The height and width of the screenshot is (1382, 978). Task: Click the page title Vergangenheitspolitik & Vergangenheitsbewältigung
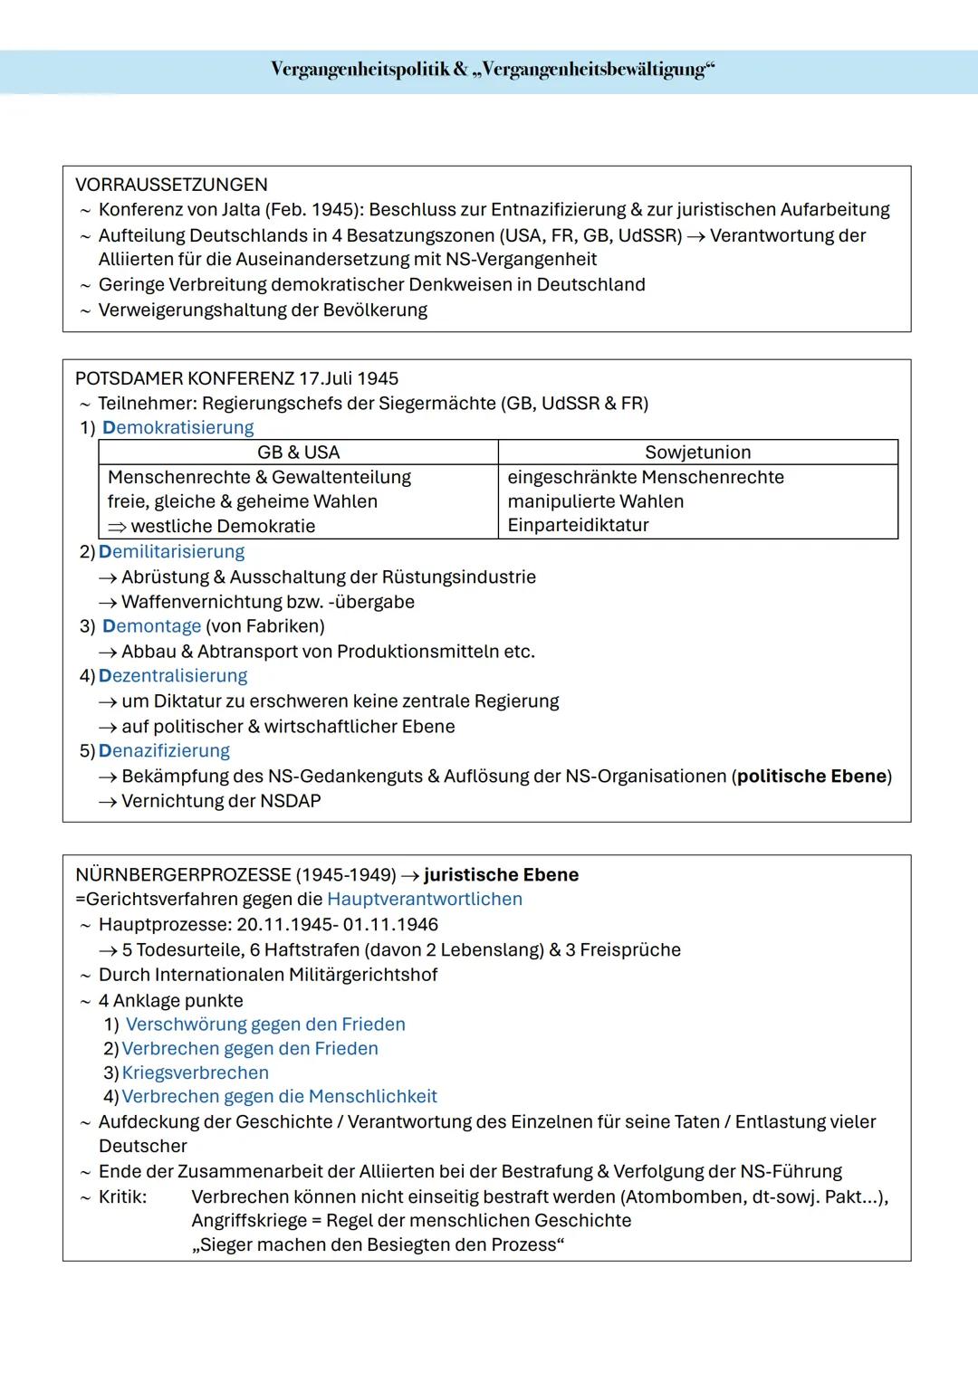pyautogui.click(x=492, y=70)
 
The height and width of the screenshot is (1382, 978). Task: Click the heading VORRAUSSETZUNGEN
pyautogui.click(x=171, y=185)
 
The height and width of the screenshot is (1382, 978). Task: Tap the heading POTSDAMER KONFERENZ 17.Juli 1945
pyautogui.click(x=236, y=378)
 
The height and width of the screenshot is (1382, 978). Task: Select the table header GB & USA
pyautogui.click(x=298, y=453)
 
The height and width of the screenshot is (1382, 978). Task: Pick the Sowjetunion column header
pyautogui.click(x=697, y=453)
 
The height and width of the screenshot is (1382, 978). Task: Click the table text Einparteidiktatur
pyautogui.click(x=578, y=525)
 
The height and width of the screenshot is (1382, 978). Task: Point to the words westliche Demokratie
pyautogui.click(x=223, y=526)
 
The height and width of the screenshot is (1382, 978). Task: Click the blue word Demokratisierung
pyautogui.click(x=177, y=427)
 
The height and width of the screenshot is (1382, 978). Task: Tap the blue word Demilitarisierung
pyautogui.click(x=171, y=551)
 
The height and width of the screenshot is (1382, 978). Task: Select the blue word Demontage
pyautogui.click(x=151, y=626)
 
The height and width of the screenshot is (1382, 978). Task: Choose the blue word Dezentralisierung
pyautogui.click(x=172, y=676)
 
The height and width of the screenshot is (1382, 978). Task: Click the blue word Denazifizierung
pyautogui.click(x=164, y=751)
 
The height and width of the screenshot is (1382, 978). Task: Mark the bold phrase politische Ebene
pyautogui.click(x=810, y=777)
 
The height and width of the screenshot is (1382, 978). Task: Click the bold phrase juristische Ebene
pyautogui.click(x=501, y=875)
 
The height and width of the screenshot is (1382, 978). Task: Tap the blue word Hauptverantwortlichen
pyautogui.click(x=424, y=899)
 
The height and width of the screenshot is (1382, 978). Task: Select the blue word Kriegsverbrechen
pyautogui.click(x=195, y=1072)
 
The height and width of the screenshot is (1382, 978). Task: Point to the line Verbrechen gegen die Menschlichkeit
pyautogui.click(x=279, y=1097)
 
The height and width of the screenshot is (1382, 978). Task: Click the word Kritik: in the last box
pyautogui.click(x=122, y=1196)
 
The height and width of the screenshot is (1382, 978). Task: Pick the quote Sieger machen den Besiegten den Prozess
pyautogui.click(x=378, y=1244)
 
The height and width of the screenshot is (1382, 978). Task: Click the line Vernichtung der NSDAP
pyautogui.click(x=221, y=801)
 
